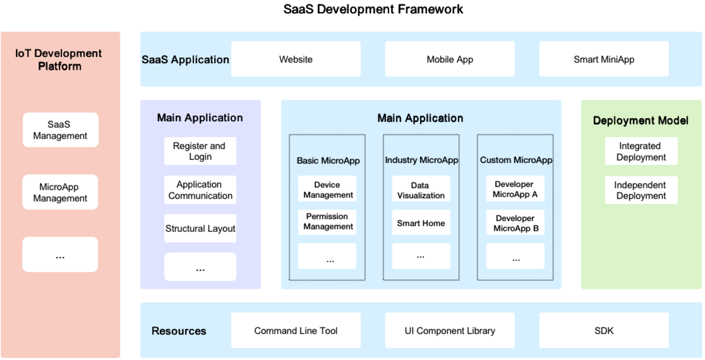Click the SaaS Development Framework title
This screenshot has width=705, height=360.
coord(373,9)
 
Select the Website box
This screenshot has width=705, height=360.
coord(296,59)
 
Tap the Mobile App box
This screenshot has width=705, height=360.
coord(450,59)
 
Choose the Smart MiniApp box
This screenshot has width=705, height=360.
coord(604,59)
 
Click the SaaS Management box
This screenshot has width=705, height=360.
coord(61,130)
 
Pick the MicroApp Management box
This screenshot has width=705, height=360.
coord(61,193)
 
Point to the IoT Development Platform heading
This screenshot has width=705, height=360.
coord(59,59)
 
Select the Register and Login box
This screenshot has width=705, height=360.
coord(200,152)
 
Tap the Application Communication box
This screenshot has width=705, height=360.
coord(200,190)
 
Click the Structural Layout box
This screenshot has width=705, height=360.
coord(200,229)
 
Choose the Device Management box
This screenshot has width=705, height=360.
coord(327,189)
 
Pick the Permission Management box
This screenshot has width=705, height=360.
coord(327,222)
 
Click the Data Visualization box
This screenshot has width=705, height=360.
coord(421,189)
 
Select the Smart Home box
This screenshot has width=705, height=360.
coord(421,223)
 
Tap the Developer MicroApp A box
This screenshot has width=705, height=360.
coord(515,189)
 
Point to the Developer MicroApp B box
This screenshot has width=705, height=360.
coord(515,223)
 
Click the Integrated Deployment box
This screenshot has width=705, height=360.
coord(641,152)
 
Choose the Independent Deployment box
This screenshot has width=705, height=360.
coord(641,190)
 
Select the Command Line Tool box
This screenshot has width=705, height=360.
coord(296,330)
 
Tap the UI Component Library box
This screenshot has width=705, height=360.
coord(450,330)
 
